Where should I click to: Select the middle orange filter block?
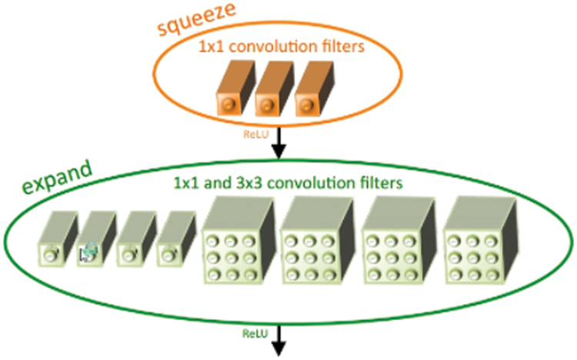tap(271, 94)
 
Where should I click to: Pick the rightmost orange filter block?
tap(312, 94)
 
